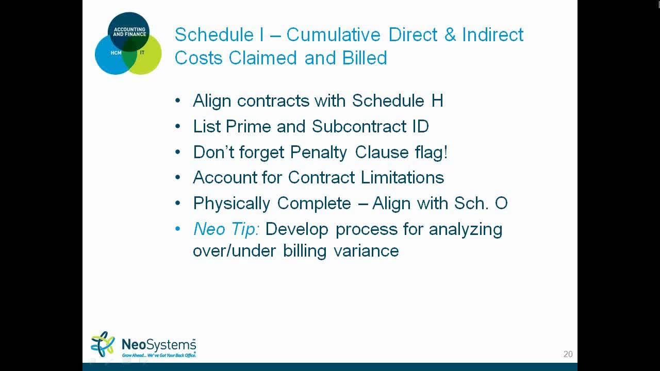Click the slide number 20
click(x=568, y=354)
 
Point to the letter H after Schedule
click(x=437, y=100)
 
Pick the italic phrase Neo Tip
click(x=226, y=229)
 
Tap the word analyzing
click(x=465, y=229)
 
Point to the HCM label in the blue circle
click(x=115, y=53)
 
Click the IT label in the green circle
click(x=142, y=53)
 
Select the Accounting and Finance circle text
click(x=129, y=32)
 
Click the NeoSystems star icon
click(x=103, y=344)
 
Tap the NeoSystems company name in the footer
click(x=158, y=344)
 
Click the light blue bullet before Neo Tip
click(x=178, y=229)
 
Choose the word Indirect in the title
click(x=492, y=35)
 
